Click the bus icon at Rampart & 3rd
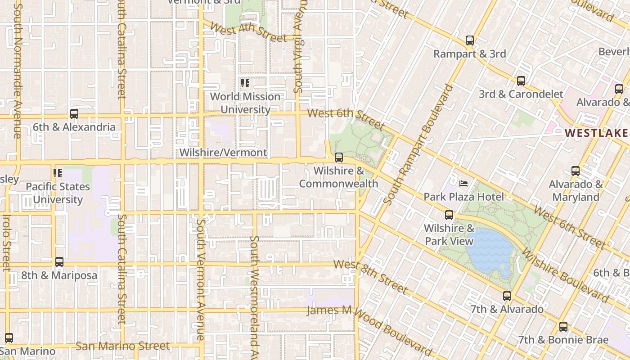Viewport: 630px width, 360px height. pyautogui.click(x=469, y=41)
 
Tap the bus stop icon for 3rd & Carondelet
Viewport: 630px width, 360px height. pyautogui.click(x=521, y=81)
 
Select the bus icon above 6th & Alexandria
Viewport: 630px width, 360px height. pyautogui.click(x=74, y=114)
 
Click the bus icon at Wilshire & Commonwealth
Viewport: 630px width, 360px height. pyautogui.click(x=338, y=158)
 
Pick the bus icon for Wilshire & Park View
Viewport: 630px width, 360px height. pyautogui.click(x=449, y=215)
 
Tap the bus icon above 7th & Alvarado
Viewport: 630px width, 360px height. pyautogui.click(x=507, y=296)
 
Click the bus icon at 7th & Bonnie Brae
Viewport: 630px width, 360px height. pyautogui.click(x=563, y=327)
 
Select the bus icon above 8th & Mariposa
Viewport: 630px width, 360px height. pyautogui.click(x=59, y=262)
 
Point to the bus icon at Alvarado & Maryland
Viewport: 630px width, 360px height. pyautogui.click(x=575, y=171)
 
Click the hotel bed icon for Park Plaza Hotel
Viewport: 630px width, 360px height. pyautogui.click(x=463, y=184)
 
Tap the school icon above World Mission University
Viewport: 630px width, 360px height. pyautogui.click(x=245, y=83)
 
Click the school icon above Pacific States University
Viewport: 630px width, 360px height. pyautogui.click(x=58, y=173)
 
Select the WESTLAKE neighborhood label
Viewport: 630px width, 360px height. pyautogui.click(x=596, y=133)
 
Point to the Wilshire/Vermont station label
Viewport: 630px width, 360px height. pyautogui.click(x=223, y=153)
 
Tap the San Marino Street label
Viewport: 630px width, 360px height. pyautogui.click(x=122, y=346)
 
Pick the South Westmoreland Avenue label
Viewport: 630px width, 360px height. pyautogui.click(x=254, y=297)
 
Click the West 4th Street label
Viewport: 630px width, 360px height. pyautogui.click(x=247, y=33)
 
